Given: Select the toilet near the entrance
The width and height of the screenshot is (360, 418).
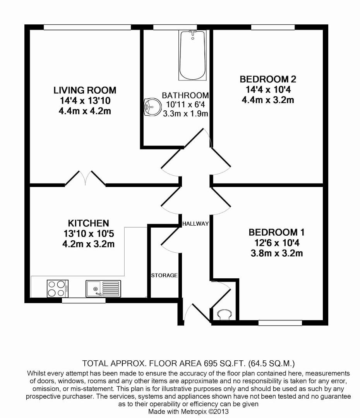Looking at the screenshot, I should (x=224, y=315).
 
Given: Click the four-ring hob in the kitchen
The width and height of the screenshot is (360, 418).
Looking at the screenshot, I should (x=58, y=288).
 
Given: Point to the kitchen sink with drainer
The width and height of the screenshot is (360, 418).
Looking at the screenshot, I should (x=103, y=288).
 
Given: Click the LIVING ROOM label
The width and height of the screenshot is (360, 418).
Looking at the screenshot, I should (x=85, y=91).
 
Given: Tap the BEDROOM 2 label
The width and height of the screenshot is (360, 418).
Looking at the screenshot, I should (x=268, y=79).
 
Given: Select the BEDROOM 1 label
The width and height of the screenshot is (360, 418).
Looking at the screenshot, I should (x=276, y=233).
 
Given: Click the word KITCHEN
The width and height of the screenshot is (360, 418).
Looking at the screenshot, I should (x=88, y=223).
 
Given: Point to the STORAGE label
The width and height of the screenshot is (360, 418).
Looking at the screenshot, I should (x=164, y=276).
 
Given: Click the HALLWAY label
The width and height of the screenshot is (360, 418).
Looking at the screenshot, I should (x=195, y=224).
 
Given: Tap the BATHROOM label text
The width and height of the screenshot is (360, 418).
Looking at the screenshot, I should (x=185, y=95).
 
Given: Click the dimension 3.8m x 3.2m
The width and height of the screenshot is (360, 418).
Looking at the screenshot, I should (x=276, y=254).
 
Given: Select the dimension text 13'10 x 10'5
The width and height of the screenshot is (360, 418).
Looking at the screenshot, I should (x=88, y=234).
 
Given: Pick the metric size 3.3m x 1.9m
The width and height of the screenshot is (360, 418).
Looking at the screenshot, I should (x=186, y=114).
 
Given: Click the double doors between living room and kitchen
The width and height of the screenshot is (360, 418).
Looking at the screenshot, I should (x=85, y=178).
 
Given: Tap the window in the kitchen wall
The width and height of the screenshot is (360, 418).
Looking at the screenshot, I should (x=84, y=300).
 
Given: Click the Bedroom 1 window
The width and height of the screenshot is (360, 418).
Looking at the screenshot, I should (x=280, y=322).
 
